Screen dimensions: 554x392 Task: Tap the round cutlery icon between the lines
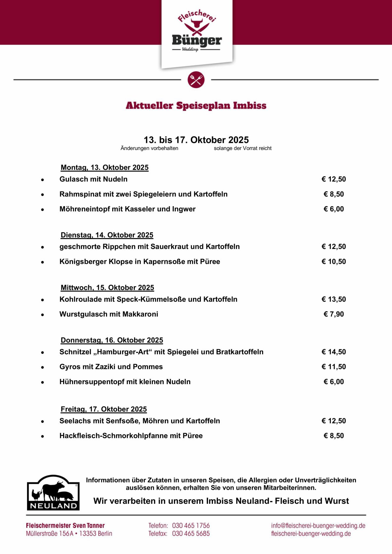[x=196, y=80]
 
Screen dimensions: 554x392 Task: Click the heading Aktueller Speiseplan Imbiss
[x=196, y=106]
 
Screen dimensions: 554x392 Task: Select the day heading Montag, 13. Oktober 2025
[x=104, y=168]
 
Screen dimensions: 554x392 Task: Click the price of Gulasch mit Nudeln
[x=334, y=179]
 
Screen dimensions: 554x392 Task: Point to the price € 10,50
[x=334, y=262]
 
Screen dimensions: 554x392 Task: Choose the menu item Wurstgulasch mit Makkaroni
[x=109, y=314]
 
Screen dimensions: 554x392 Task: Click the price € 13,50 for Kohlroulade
[x=334, y=299]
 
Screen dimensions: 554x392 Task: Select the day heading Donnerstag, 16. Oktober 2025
[x=112, y=340]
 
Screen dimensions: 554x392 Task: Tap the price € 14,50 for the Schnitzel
[x=334, y=352]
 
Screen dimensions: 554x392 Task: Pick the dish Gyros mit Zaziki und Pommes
[x=111, y=367]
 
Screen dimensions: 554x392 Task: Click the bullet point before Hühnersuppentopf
[x=43, y=382]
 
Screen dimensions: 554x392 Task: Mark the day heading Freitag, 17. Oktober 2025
[x=104, y=409]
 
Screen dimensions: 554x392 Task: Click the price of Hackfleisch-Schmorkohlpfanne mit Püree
[x=334, y=436]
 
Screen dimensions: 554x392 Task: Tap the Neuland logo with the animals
[x=53, y=493]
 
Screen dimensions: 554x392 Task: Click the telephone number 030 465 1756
[x=191, y=526]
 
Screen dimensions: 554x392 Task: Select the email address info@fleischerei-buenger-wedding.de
[x=318, y=526]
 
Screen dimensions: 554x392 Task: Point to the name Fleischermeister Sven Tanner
[x=65, y=526]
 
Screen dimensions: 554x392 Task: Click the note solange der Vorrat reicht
[x=242, y=148]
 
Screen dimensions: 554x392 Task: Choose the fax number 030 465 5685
[x=191, y=534]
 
